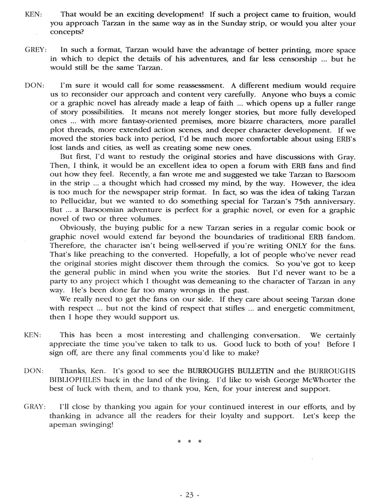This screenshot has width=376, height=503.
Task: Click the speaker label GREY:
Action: tap(35, 50)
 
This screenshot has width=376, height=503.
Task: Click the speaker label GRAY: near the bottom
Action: tap(35, 407)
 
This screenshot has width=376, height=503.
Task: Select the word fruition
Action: tap(313, 15)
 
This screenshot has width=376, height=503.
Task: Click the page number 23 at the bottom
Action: tap(189, 495)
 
